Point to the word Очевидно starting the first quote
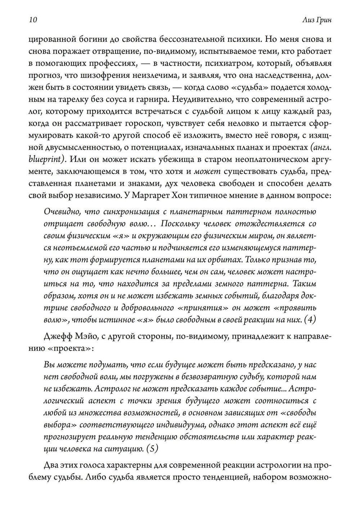(x=59, y=212)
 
